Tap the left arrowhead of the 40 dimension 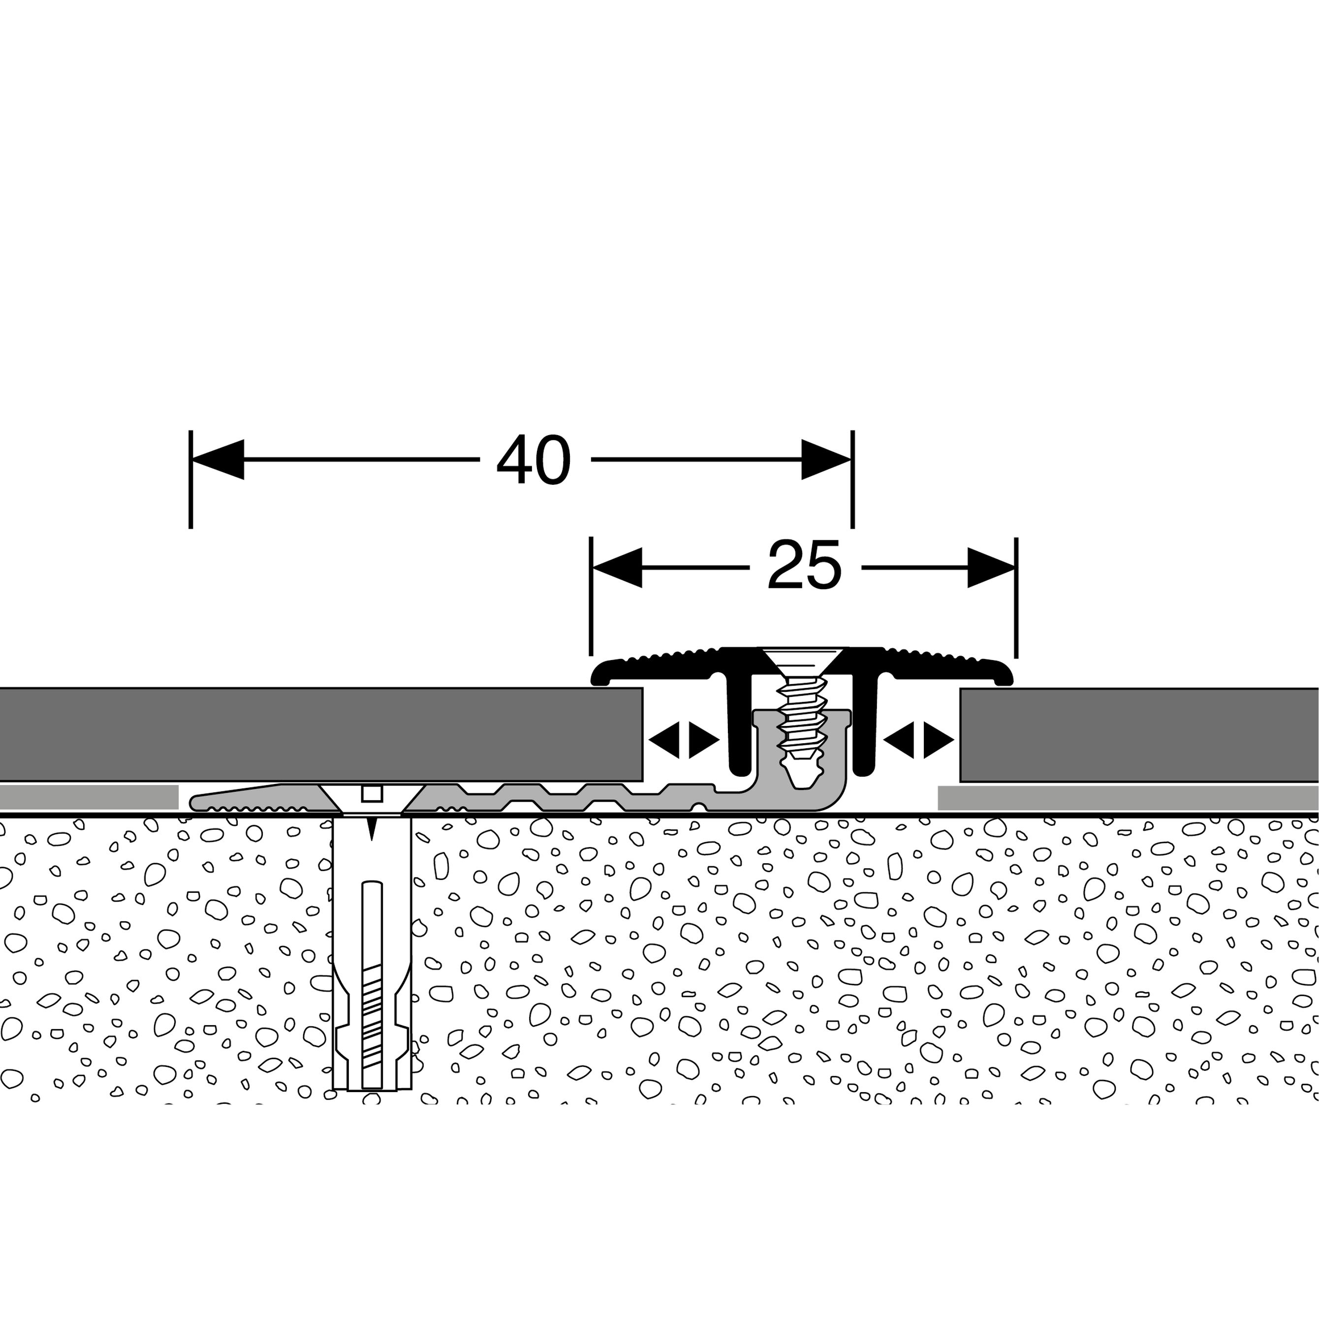tap(218, 460)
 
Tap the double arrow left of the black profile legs tap(684, 739)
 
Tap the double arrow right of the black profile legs tap(918, 739)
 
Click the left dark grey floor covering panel tap(321, 734)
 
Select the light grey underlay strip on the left tap(89, 797)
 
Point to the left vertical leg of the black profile tap(739, 727)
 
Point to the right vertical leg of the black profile tap(866, 727)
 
